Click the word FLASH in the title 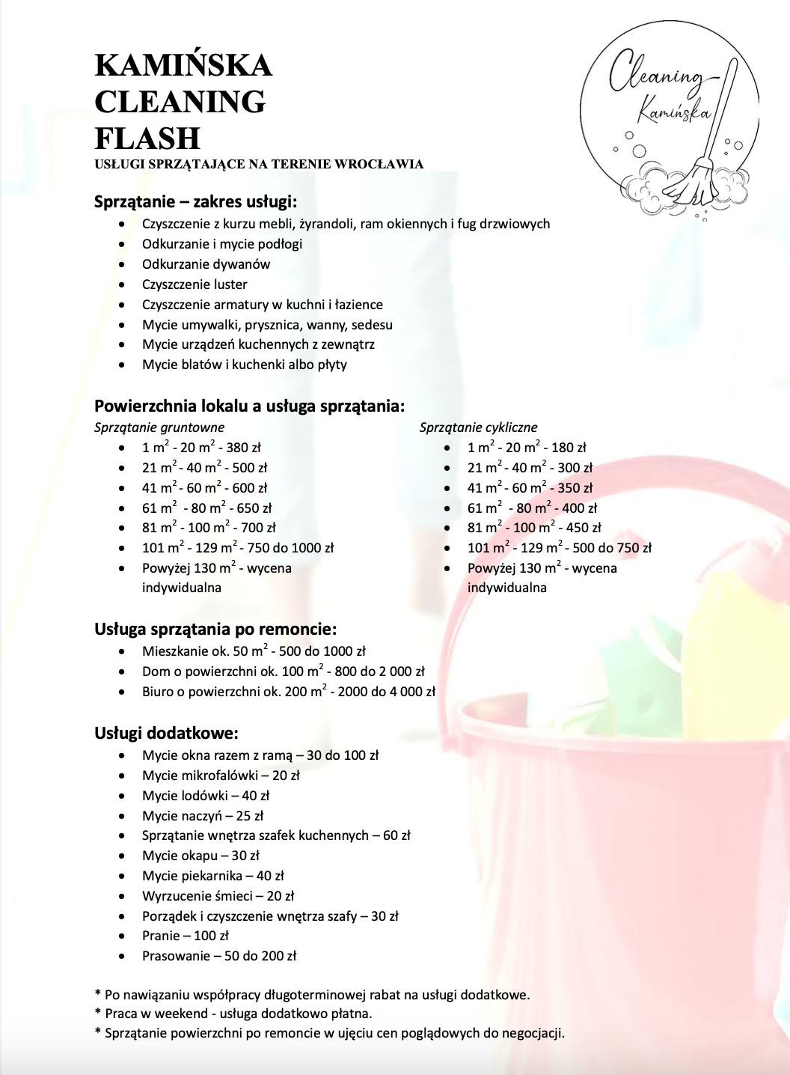click(x=147, y=138)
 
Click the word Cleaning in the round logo click(x=655, y=76)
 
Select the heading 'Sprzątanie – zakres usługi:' click(x=195, y=201)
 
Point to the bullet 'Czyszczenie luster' click(x=195, y=284)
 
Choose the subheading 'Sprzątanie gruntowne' click(x=159, y=427)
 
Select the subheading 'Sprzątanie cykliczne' click(x=478, y=427)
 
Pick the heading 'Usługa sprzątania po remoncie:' click(x=215, y=629)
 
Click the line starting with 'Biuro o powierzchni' click(x=289, y=692)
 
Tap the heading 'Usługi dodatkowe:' click(x=166, y=733)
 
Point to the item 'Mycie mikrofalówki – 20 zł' click(x=221, y=776)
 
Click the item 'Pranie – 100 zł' click(x=185, y=936)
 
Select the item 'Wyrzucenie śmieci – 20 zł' click(x=218, y=896)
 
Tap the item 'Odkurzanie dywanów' click(x=206, y=264)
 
